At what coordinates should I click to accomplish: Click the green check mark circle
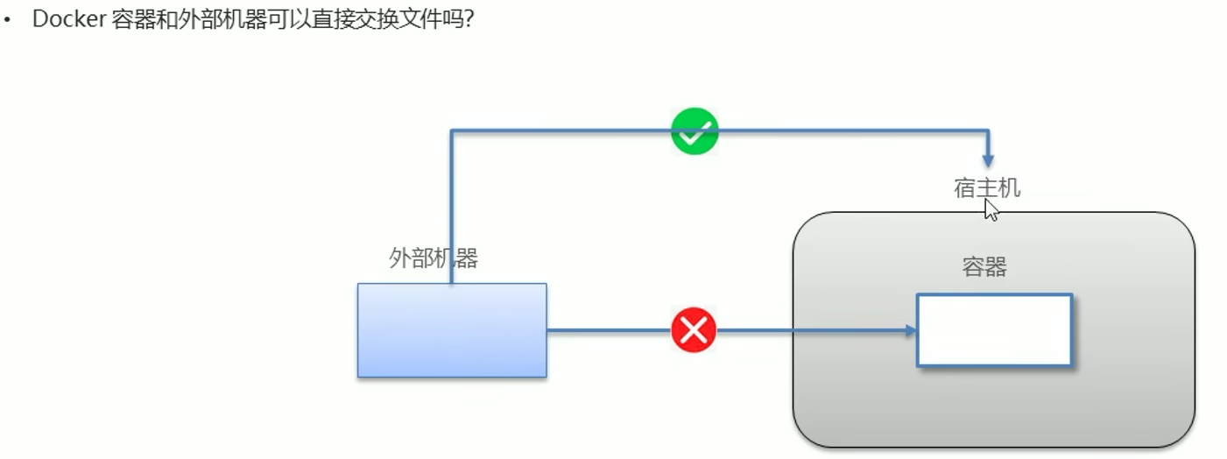coord(695,132)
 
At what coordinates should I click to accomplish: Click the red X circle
coord(694,330)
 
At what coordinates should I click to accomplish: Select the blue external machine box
coord(452,330)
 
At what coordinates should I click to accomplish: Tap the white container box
coord(994,330)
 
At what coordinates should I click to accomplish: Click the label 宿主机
coord(987,188)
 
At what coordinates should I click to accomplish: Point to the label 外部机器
coord(434,258)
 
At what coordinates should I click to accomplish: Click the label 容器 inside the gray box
coord(984,267)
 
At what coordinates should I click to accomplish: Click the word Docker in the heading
coord(69,19)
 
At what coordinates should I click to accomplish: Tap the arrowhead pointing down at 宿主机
coord(988,161)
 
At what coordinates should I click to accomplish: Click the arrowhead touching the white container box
coord(911,330)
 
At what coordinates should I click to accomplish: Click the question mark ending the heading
coord(469,19)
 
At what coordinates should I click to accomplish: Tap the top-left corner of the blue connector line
coord(451,131)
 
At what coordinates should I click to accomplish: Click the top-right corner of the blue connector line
coord(988,131)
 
